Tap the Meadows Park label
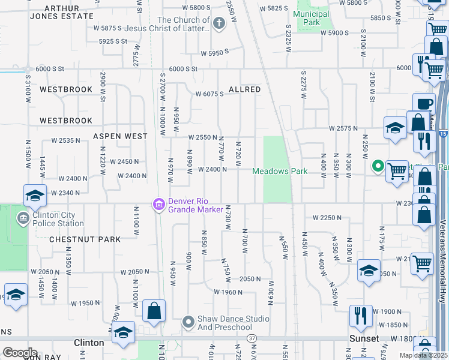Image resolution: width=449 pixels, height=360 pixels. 280,172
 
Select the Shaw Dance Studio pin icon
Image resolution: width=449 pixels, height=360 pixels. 188,323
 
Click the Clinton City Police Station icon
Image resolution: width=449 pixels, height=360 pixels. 23,217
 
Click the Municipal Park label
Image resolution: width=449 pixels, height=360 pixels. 312,18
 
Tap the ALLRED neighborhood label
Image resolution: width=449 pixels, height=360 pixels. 244,89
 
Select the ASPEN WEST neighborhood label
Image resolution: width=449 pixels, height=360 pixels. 120,137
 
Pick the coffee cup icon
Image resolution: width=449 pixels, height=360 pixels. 425,104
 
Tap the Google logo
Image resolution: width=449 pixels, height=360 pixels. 19,353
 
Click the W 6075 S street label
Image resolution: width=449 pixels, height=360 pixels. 209,94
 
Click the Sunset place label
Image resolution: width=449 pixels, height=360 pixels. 364,339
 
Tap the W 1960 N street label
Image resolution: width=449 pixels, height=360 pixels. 228,292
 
